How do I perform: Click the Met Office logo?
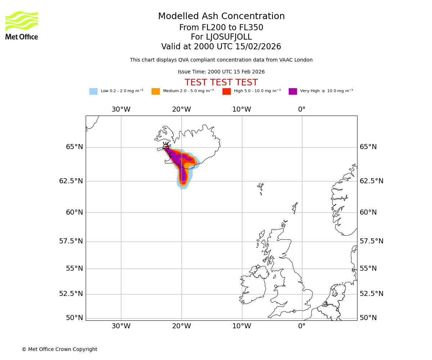pyautogui.click(x=22, y=25)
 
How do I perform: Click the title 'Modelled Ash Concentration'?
pyautogui.click(x=221, y=17)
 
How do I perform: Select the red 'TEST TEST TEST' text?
pyautogui.click(x=221, y=82)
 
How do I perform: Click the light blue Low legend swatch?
pyautogui.click(x=93, y=91)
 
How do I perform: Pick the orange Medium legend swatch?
pyautogui.click(x=156, y=91)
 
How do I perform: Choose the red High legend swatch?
pyautogui.click(x=226, y=91)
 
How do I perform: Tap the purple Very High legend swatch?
pyautogui.click(x=293, y=91)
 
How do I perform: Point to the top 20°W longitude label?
pyautogui.click(x=181, y=109)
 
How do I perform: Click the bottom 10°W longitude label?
pyautogui.click(x=242, y=327)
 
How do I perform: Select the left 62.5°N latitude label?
pyautogui.click(x=71, y=181)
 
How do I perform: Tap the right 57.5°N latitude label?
pyautogui.click(x=372, y=241)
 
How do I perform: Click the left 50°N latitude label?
pyautogui.click(x=74, y=318)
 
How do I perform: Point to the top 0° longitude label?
pyautogui.click(x=302, y=109)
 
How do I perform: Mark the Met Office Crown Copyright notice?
pyautogui.click(x=59, y=349)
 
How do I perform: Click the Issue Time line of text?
pyautogui.click(x=221, y=72)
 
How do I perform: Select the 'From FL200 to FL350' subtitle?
pyautogui.click(x=221, y=28)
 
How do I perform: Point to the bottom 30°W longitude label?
pyautogui.click(x=121, y=327)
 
